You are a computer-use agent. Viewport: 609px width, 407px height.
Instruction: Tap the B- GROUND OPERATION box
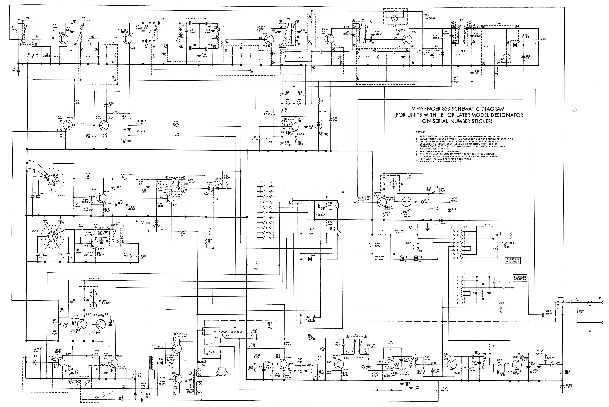pyautogui.click(x=512, y=260)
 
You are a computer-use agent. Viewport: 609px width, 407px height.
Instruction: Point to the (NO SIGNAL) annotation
pyautogui.click(x=431, y=18)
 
